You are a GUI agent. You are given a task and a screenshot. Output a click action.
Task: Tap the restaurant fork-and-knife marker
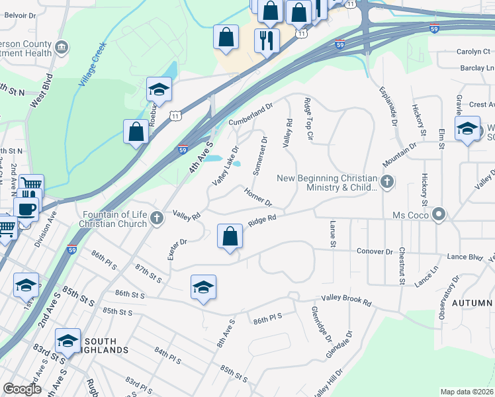(x=267, y=41)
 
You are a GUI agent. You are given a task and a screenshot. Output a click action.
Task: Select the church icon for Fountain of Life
(x=156, y=218)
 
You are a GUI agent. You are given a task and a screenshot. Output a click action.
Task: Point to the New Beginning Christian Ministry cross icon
(x=387, y=181)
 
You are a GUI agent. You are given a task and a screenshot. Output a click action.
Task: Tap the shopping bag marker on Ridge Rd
(x=230, y=236)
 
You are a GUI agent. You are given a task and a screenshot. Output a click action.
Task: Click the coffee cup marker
(x=25, y=210)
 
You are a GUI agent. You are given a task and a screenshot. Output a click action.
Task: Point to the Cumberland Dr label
(x=251, y=116)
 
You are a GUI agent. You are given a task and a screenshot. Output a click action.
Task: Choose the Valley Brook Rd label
(x=347, y=300)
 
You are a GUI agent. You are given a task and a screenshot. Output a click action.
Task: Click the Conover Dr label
(x=375, y=251)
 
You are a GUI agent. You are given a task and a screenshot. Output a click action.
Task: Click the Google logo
(x=22, y=389)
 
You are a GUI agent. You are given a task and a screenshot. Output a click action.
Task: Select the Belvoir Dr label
(x=17, y=14)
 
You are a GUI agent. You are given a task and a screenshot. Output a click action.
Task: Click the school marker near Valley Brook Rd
(x=203, y=287)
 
